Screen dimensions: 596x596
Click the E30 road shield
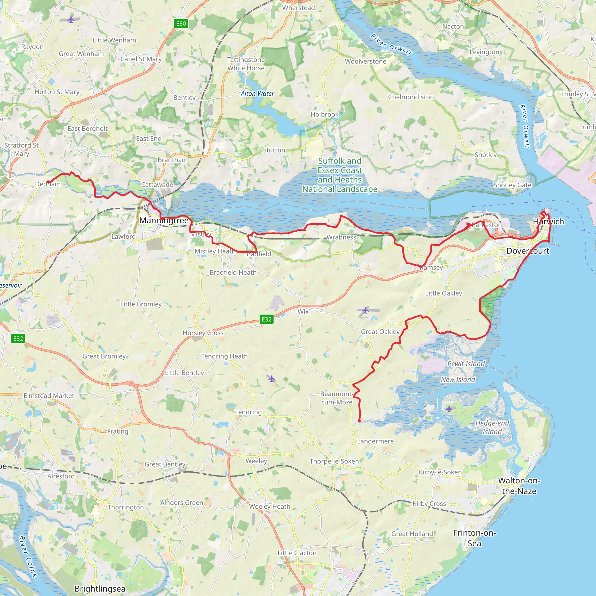[181, 24]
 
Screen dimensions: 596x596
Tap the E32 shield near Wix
[267, 319]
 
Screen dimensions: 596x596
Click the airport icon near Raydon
[71, 20]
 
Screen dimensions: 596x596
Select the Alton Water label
[257, 93]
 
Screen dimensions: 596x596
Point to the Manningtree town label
[164, 221]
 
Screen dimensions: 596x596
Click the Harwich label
[548, 221]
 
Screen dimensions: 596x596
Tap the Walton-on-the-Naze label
[519, 486]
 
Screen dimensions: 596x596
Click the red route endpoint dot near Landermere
[359, 421]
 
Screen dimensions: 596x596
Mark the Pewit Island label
[466, 364]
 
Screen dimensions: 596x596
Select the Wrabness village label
[341, 237]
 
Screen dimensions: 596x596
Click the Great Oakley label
[380, 332]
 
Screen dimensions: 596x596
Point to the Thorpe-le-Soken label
[334, 461]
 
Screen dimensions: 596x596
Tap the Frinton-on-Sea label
[474, 538]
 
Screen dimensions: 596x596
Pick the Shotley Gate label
[512, 185]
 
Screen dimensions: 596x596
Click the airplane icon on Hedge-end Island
[449, 409]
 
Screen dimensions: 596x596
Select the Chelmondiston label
[411, 97]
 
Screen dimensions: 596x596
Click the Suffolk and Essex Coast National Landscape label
[340, 175]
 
